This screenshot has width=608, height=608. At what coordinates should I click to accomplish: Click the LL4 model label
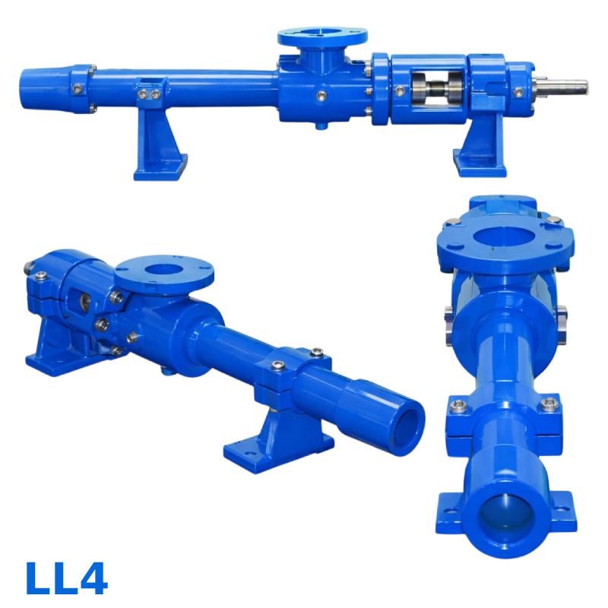(x=66, y=578)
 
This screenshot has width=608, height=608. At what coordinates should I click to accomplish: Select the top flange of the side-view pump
(x=322, y=36)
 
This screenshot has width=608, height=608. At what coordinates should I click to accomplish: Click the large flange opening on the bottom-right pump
(x=505, y=237)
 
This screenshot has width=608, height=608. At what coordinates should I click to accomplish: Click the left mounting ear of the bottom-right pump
(x=449, y=508)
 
